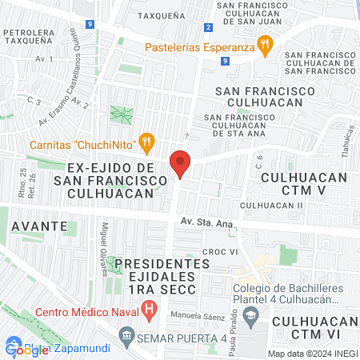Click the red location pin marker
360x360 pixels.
(x=181, y=164)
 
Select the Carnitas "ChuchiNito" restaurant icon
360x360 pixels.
(x=146, y=144)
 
